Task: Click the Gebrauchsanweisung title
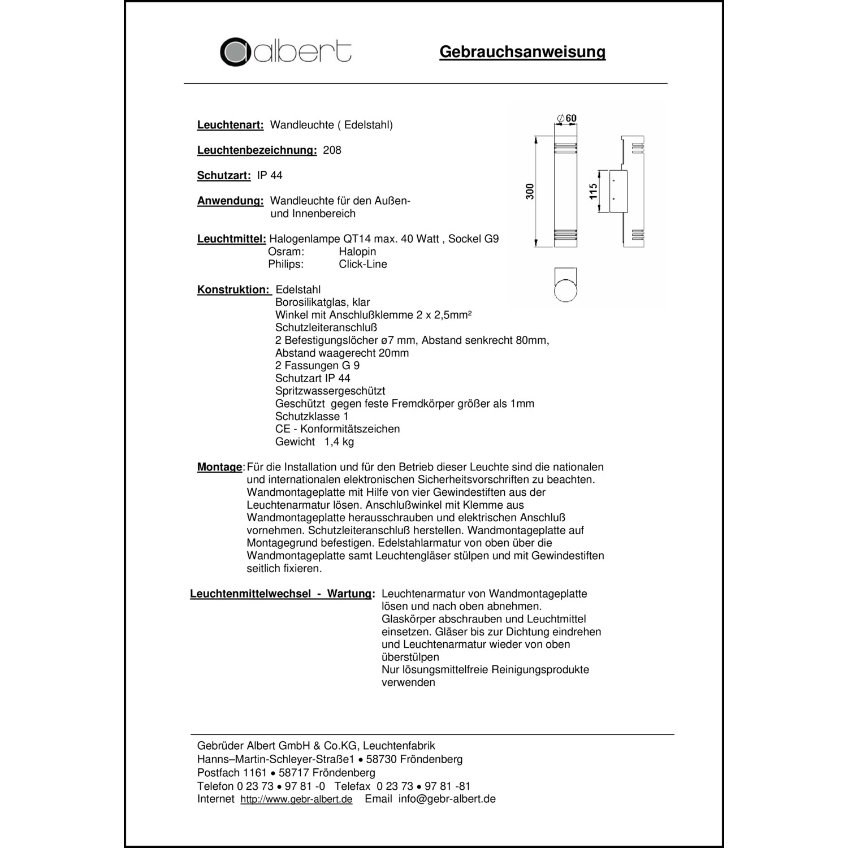tap(522, 52)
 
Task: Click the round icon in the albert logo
tap(235, 52)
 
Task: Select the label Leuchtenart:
tap(230, 125)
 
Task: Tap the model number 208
tap(332, 150)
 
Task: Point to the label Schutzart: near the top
tap(224, 176)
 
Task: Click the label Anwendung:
tap(230, 201)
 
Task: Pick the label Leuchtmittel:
tap(231, 239)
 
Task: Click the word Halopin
tap(357, 252)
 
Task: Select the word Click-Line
tap(363, 264)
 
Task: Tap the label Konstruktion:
tap(233, 290)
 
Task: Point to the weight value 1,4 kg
tap(339, 442)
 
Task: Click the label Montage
tap(219, 468)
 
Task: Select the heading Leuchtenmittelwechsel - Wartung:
tap(282, 594)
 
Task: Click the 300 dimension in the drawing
tap(530, 192)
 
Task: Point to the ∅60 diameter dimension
tap(566, 118)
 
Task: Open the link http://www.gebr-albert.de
tap(296, 799)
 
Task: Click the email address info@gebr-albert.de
tap(447, 799)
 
